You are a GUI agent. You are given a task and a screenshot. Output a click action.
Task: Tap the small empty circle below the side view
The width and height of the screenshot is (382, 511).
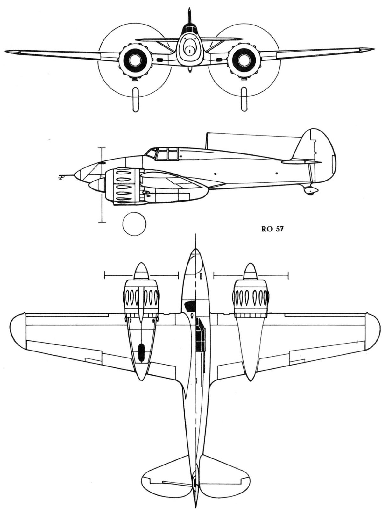tap(134, 224)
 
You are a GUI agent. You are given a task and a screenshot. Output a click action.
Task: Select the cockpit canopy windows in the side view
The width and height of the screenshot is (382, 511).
tap(166, 154)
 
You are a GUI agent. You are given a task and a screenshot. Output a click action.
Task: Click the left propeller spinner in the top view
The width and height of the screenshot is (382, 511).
tap(140, 272)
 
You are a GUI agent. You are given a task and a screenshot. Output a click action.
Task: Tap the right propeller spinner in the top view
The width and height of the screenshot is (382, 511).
tap(251, 272)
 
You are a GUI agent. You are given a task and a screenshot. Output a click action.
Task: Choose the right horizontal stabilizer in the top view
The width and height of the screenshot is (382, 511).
tap(220, 478)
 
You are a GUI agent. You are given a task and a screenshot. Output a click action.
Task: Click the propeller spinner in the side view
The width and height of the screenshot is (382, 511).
tap(95, 185)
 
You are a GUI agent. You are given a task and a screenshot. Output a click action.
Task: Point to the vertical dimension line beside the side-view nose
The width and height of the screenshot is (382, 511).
tap(102, 185)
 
